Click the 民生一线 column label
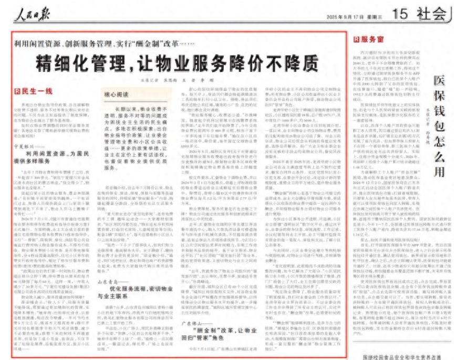(x=37, y=91)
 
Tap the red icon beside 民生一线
(x=17, y=91)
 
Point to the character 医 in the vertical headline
(x=439, y=81)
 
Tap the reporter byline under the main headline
(x=178, y=80)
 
